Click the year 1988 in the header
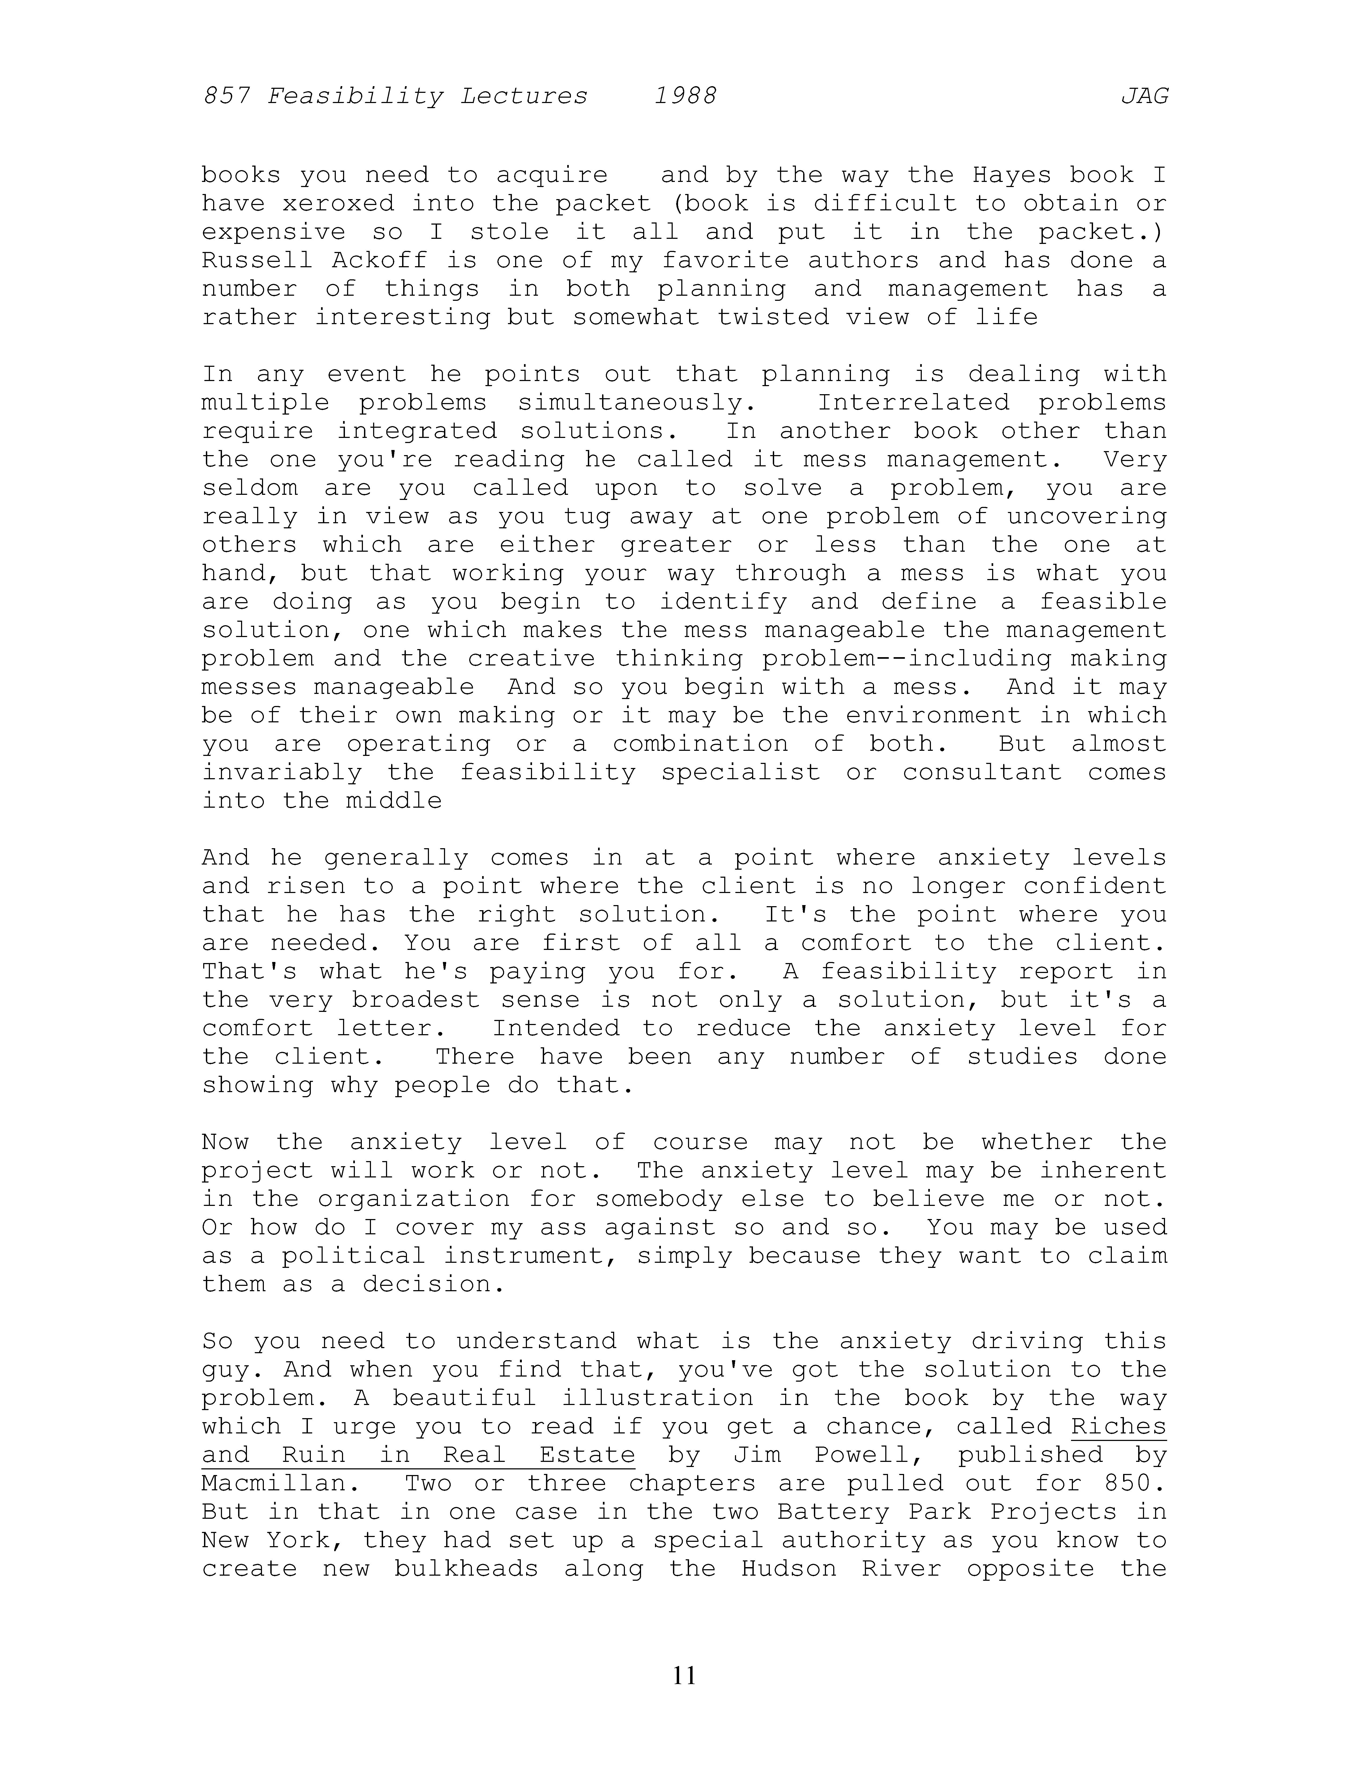point(685,97)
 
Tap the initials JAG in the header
point(1144,97)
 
